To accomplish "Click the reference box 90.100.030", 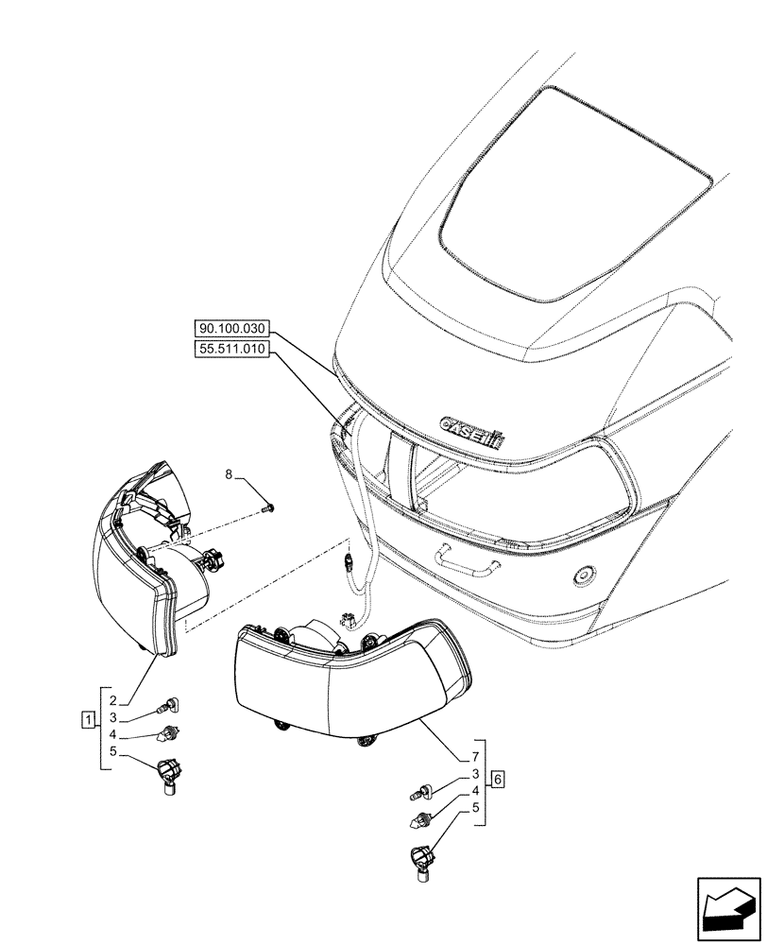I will pos(231,329).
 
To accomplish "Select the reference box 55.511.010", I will pos(231,350).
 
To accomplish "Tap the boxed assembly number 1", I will pos(87,722).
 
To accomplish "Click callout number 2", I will pos(111,700).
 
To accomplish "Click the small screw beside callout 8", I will pos(270,509).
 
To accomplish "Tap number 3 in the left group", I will pos(111,717).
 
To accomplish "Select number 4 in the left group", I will pos(111,734).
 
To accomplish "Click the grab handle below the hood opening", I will pos(467,561).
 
